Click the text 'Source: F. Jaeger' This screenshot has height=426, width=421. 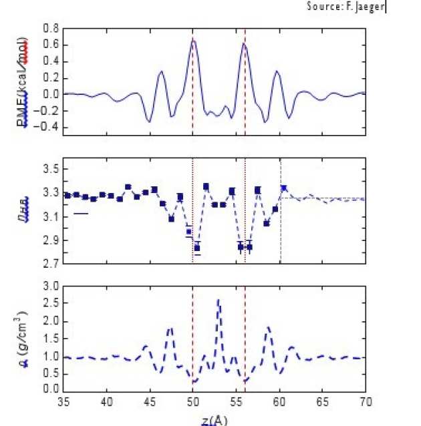click(x=347, y=6)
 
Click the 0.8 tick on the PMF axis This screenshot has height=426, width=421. click(x=51, y=29)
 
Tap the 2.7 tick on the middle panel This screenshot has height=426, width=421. click(x=51, y=264)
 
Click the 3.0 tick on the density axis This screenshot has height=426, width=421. click(x=51, y=286)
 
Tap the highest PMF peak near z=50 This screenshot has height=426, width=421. click(x=194, y=41)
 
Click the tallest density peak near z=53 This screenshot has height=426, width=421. click(x=219, y=300)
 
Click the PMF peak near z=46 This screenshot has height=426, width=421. click(x=161, y=71)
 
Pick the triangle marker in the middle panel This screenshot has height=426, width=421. click(x=284, y=188)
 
